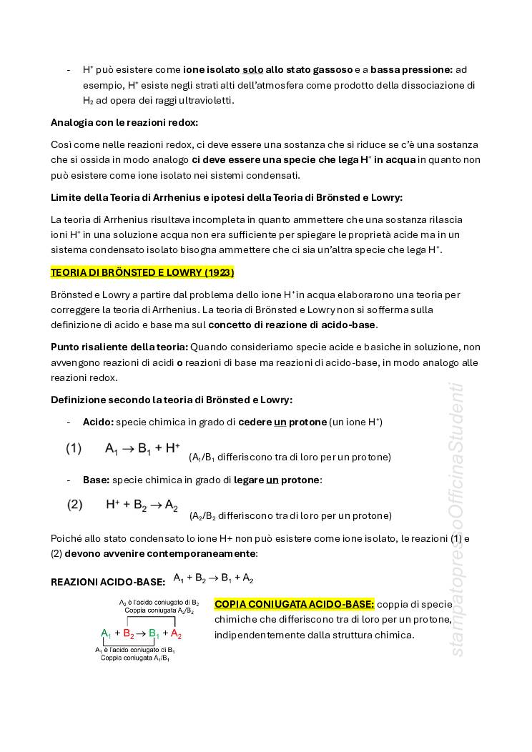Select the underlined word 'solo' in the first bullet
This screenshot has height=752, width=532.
(252, 69)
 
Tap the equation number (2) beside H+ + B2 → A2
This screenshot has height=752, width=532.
(74, 505)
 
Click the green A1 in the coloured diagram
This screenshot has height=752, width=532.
(106, 633)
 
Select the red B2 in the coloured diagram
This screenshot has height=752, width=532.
(129, 633)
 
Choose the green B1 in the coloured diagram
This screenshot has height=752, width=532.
(154, 633)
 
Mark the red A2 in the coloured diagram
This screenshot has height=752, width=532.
(176, 633)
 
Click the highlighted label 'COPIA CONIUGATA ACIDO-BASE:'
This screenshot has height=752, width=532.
(294, 604)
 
